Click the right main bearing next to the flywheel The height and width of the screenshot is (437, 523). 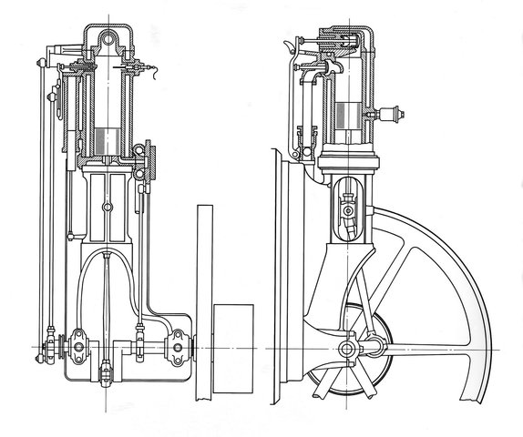click(x=178, y=347)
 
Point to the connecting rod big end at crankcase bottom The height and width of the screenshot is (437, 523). click(x=107, y=371)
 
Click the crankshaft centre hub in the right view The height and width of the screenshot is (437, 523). click(x=348, y=350)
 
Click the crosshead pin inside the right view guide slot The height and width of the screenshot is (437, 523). click(x=348, y=210)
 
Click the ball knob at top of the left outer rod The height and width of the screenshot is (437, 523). click(x=40, y=62)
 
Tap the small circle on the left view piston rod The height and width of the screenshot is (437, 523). click(x=107, y=210)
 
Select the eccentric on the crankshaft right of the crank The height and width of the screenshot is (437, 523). click(x=140, y=347)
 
